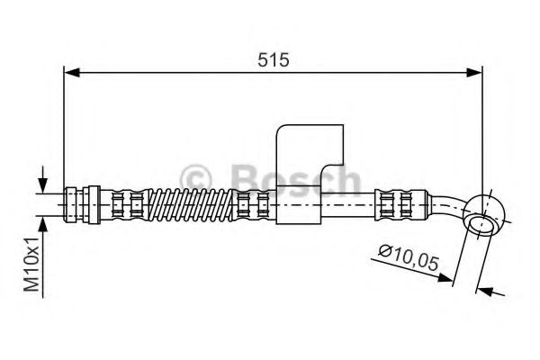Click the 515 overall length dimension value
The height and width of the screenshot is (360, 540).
[x=272, y=60]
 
